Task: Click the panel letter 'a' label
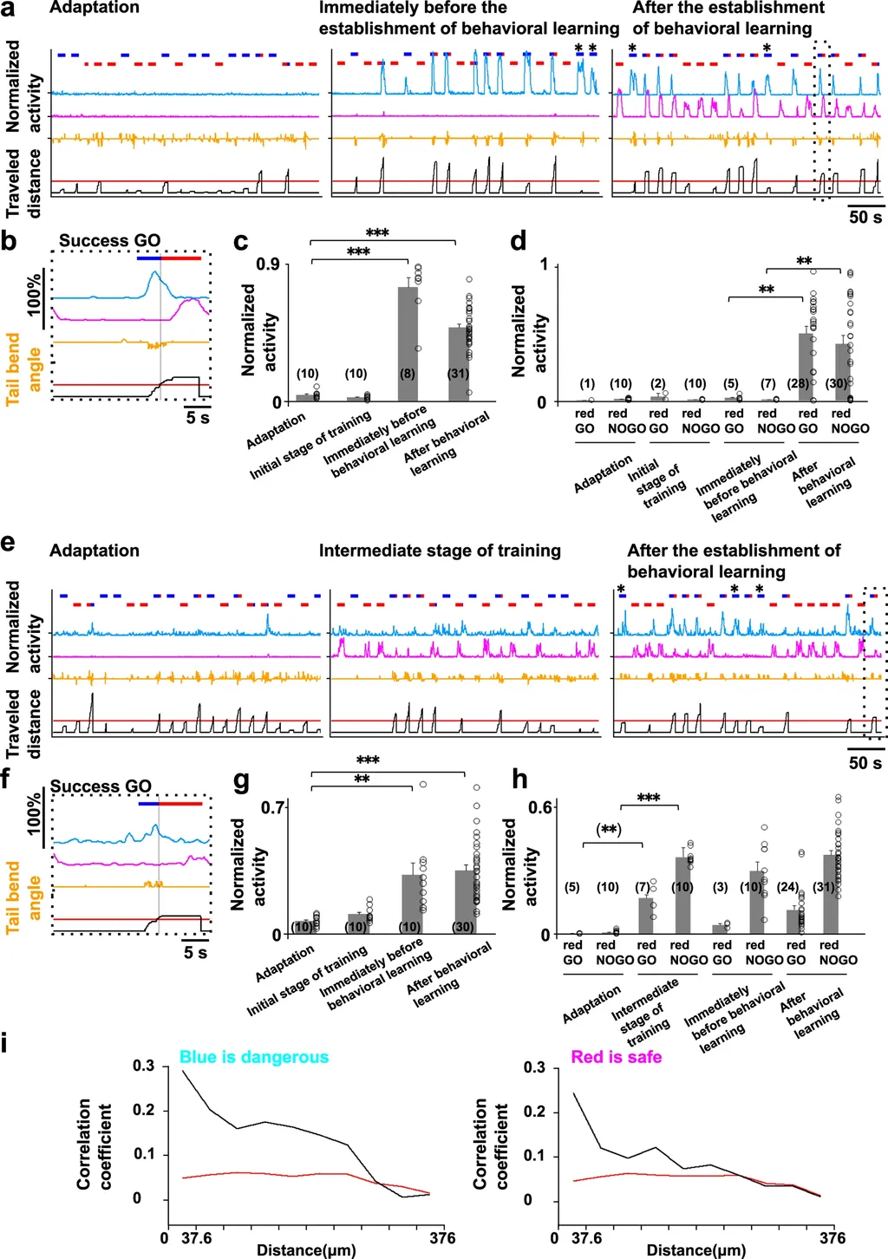(8, 10)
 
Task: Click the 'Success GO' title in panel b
(109, 240)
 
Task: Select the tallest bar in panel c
(408, 343)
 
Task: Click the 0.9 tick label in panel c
(267, 264)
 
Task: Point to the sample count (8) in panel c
(408, 374)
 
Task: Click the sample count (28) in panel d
(797, 383)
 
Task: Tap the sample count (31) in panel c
(458, 374)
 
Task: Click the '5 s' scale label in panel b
(198, 418)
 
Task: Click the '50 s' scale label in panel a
(865, 217)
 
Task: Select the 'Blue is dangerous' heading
(254, 1057)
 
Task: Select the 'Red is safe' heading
(616, 1057)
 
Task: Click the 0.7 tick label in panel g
(272, 807)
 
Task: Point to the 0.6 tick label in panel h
(540, 807)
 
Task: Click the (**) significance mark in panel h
(610, 830)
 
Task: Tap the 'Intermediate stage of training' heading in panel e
(440, 551)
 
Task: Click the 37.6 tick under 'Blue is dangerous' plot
(196, 1237)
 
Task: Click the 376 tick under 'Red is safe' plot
(832, 1237)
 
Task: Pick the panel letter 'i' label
(6, 1041)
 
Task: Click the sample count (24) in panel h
(787, 887)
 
